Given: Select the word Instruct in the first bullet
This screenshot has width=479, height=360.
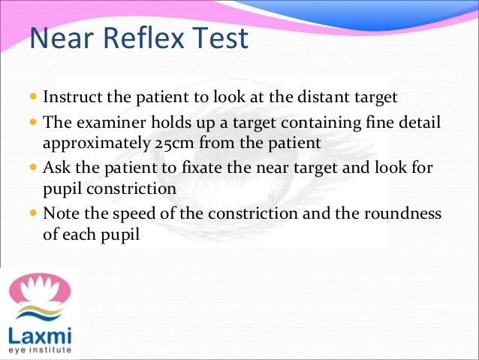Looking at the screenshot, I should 70,97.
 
